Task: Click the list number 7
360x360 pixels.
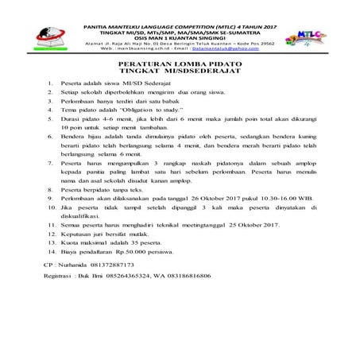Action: [50, 184]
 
